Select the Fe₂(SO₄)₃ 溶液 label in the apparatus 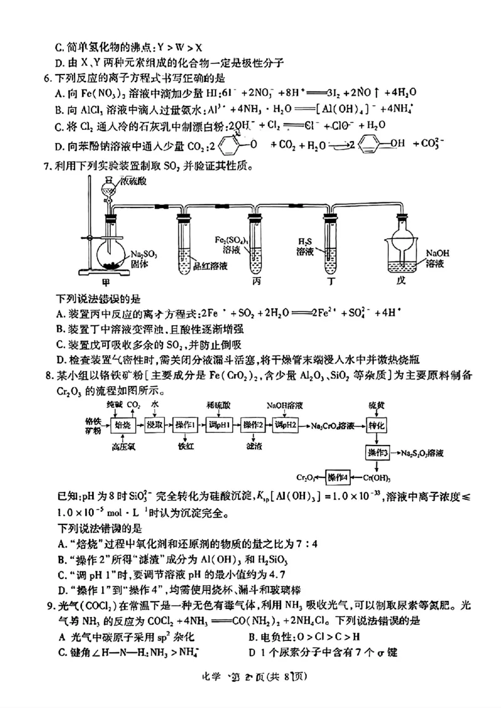229,245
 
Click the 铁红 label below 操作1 187,447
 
